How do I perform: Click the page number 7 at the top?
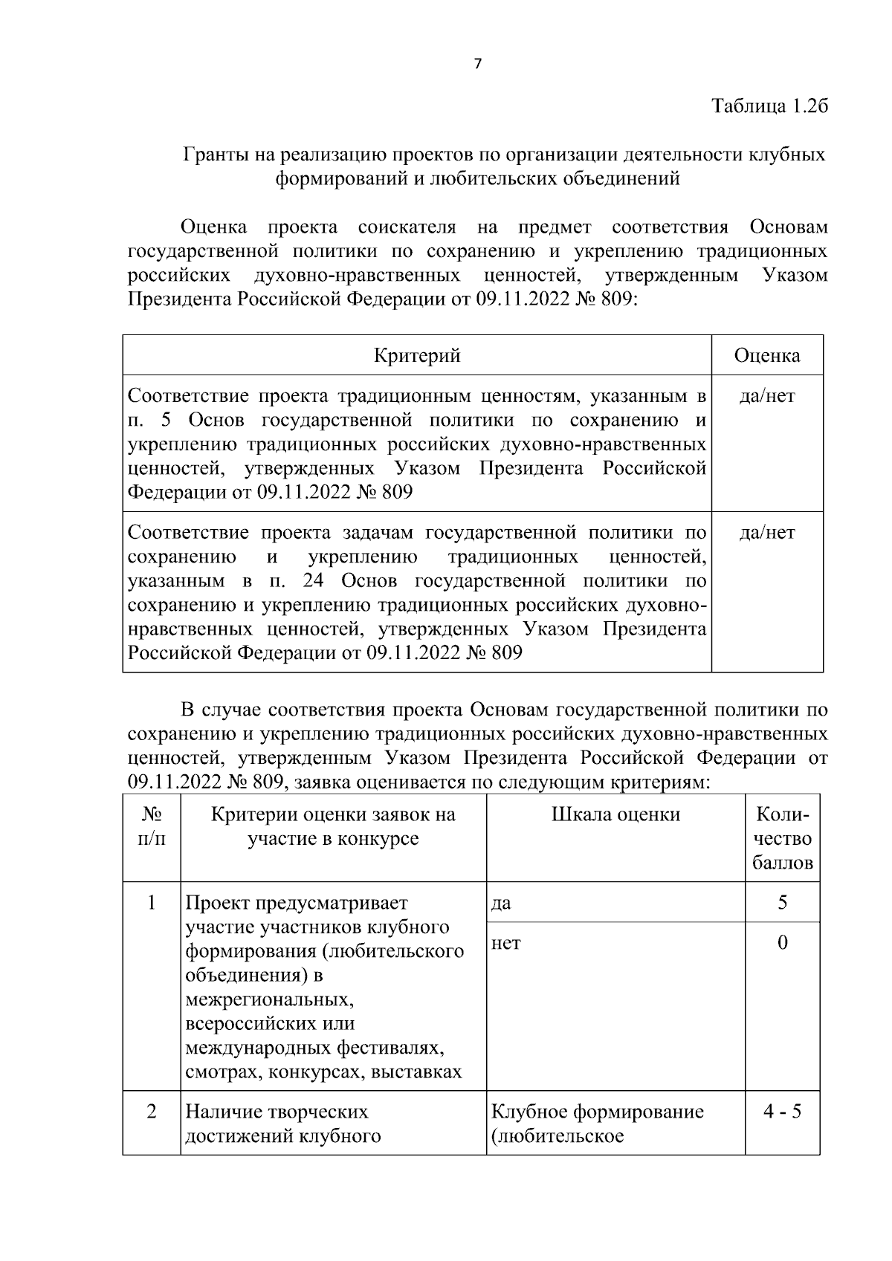coord(478,64)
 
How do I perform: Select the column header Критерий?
coord(417,355)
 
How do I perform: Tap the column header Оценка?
coord(767,355)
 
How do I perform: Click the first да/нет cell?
coord(767,396)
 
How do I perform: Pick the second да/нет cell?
coord(767,533)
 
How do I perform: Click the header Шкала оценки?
coord(615,815)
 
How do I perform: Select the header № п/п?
coord(152,826)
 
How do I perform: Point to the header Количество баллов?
coord(782,839)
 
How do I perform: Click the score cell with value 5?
coord(782,903)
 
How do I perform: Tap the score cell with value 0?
coord(782,943)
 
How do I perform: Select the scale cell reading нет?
coord(505,944)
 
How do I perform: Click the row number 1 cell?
coord(152,903)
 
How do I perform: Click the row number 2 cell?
coord(152,1112)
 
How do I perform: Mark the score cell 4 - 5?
coord(782,1112)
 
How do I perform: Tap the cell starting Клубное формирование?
coord(597,1124)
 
